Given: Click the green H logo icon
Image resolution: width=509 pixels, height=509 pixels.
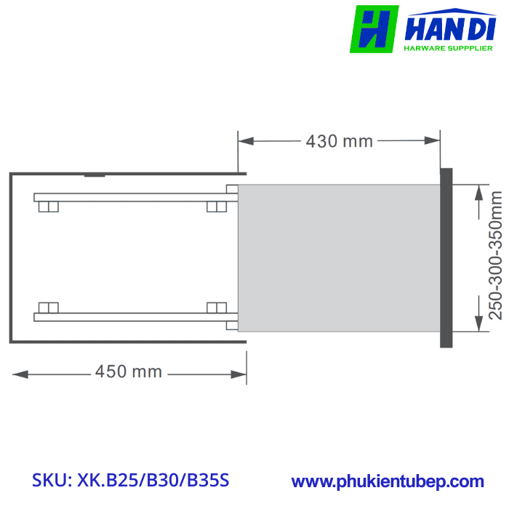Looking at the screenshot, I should [x=374, y=29].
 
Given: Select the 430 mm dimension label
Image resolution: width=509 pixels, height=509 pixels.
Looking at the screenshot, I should [x=339, y=141].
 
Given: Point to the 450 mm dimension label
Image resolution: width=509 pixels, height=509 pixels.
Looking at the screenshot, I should [x=128, y=372].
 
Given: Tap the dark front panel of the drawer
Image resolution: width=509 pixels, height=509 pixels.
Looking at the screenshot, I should [x=446, y=257].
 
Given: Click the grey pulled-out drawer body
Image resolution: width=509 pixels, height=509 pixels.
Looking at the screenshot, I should [x=339, y=258].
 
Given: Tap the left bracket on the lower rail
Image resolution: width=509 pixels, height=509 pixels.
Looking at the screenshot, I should [x=48, y=307].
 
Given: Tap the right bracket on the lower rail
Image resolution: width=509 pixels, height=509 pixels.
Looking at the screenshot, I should [x=216, y=307].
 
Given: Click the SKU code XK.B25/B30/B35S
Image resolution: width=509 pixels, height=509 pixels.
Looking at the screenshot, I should [x=131, y=481].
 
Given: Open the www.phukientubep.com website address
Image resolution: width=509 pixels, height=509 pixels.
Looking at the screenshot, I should [x=388, y=481].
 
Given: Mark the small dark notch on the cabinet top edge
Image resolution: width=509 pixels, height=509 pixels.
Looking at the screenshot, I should [x=95, y=175].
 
